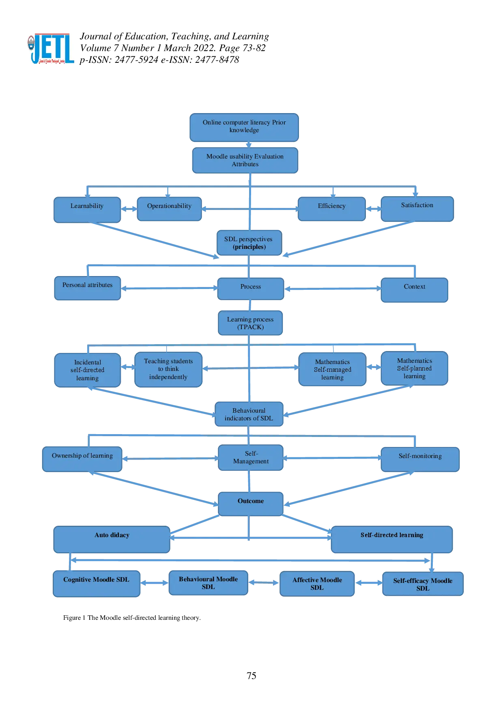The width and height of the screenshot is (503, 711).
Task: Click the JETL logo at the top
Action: point(51,49)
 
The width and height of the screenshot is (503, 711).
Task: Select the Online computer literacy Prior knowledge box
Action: point(244,126)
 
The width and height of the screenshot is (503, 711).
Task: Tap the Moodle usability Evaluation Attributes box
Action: point(245,161)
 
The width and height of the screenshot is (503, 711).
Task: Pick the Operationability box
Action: point(169,209)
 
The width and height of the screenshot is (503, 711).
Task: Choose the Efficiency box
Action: point(331,209)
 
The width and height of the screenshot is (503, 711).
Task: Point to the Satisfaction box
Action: point(417,209)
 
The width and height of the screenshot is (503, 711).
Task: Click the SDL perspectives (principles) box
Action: point(249,243)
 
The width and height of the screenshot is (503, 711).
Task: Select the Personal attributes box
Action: point(87,288)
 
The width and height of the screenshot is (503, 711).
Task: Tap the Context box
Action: point(414,289)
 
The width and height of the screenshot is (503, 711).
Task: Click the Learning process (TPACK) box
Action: point(250,323)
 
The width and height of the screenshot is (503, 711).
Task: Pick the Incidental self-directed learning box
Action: point(87,370)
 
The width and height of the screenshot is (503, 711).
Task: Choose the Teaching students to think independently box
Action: point(168,369)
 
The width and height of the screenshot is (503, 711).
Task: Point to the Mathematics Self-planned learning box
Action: point(414,368)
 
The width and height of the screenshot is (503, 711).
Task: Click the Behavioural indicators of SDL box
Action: point(249,414)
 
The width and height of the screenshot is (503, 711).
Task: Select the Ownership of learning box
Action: point(82,459)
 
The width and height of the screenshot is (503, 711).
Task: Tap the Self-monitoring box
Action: point(420,459)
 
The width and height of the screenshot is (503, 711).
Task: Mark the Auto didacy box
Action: point(112,539)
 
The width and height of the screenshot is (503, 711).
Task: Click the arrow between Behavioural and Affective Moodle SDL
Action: point(264,583)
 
